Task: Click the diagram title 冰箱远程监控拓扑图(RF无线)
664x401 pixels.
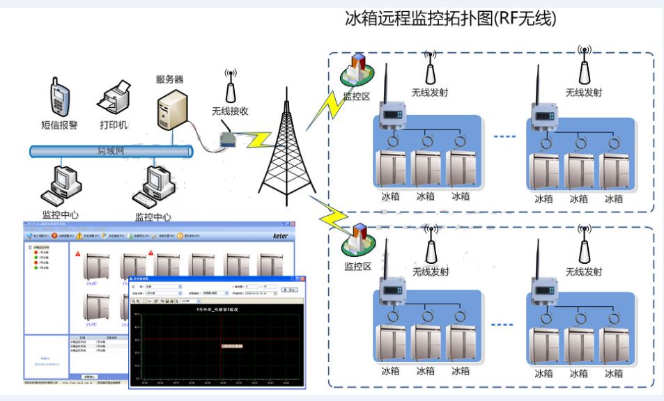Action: click(x=451, y=19)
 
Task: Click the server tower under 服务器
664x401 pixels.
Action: click(x=170, y=112)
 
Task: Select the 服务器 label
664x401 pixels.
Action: click(x=169, y=79)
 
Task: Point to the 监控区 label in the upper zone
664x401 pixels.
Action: click(x=355, y=97)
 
